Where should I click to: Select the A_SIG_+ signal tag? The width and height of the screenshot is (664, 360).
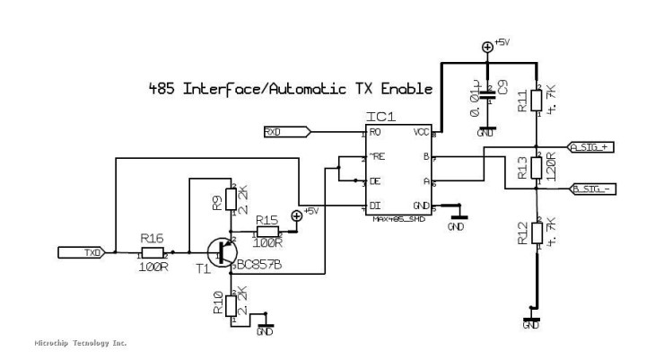point(590,146)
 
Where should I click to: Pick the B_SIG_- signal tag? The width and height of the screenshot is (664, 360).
point(590,189)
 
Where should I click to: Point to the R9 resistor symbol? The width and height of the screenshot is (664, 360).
point(231,200)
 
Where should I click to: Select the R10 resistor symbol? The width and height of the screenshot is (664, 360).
point(231,305)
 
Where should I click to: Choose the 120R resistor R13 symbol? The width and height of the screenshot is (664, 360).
point(536,167)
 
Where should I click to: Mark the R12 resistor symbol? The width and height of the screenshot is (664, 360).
point(536,233)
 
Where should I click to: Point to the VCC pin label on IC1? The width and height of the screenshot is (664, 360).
point(419,132)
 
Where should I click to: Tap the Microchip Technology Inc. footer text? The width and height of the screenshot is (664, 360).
point(80,344)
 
